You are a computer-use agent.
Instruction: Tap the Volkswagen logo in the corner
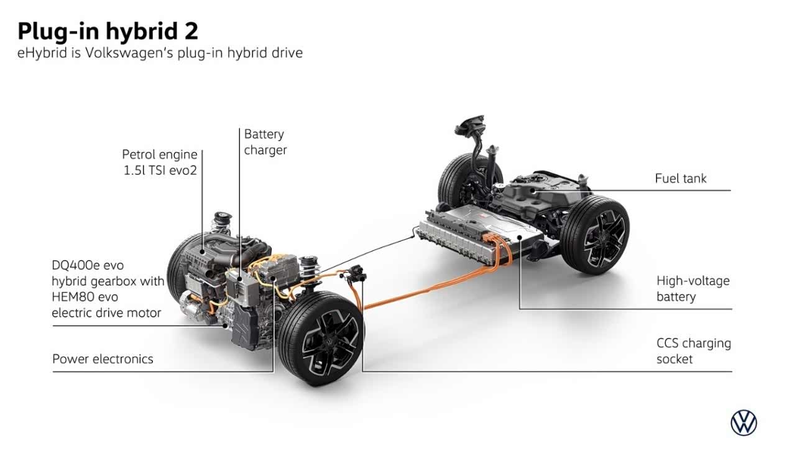tap(743, 423)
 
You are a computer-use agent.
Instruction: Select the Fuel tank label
tap(681, 179)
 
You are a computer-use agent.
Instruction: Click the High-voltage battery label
tap(693, 289)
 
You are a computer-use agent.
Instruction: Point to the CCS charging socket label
tap(693, 351)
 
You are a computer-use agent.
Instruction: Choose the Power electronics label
tap(103, 358)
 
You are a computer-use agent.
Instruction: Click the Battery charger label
tap(265, 142)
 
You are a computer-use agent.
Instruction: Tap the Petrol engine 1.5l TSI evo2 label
tap(160, 162)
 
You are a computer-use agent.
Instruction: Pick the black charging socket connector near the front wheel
tap(356, 274)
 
